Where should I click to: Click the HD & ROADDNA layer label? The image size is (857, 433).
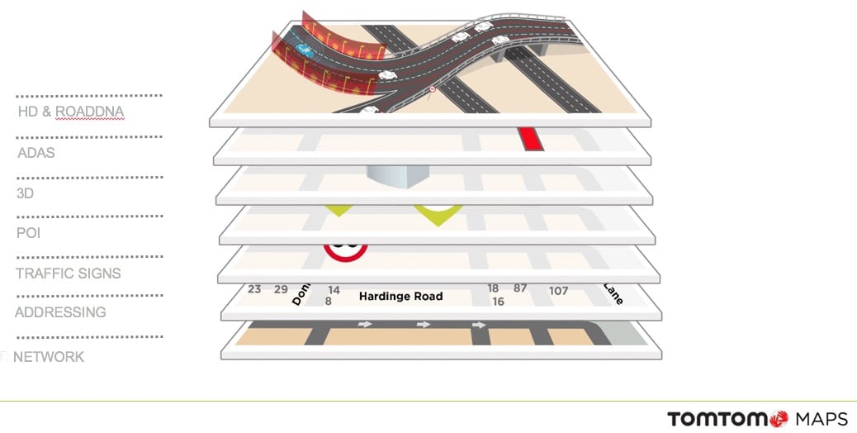[x=71, y=112]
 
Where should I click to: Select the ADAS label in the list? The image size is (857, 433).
[x=36, y=153]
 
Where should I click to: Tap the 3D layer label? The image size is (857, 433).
[x=26, y=193]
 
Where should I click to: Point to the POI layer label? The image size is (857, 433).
[x=29, y=233]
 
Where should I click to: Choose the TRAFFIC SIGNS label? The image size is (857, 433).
[x=69, y=274]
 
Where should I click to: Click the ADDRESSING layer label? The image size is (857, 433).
[x=60, y=312]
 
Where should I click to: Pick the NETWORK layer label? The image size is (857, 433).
[x=49, y=357]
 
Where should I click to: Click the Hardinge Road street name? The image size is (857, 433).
[x=400, y=296]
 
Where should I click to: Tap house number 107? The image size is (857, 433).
[x=558, y=291]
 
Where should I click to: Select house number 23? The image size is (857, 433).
[x=254, y=289]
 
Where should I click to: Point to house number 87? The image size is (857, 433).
[x=520, y=288]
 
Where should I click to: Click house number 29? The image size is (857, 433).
[x=281, y=289]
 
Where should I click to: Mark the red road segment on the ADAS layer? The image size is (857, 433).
[x=530, y=138]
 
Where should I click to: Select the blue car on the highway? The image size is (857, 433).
[x=305, y=50]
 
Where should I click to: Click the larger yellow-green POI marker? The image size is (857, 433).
[x=437, y=214]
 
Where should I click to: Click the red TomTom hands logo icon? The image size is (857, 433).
[x=778, y=420]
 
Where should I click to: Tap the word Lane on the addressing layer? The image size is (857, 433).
[x=613, y=294]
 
